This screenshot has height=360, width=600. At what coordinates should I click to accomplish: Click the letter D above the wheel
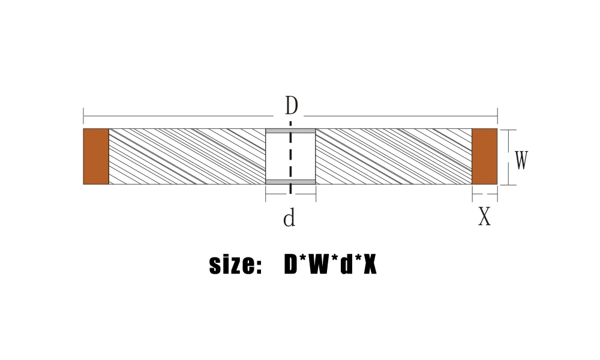click(291, 106)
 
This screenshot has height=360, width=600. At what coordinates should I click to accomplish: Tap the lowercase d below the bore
click(289, 218)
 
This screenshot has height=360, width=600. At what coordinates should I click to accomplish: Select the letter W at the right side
click(521, 161)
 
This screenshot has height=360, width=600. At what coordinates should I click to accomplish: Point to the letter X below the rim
click(484, 217)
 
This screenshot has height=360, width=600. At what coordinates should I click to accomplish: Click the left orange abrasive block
click(96, 156)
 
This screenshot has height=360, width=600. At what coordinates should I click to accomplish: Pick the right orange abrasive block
click(484, 156)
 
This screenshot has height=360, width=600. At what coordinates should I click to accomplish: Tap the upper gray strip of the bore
click(290, 131)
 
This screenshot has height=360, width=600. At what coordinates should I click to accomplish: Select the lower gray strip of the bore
click(290, 182)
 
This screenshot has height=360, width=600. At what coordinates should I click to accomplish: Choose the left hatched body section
click(187, 156)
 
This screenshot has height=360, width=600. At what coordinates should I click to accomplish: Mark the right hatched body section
click(394, 156)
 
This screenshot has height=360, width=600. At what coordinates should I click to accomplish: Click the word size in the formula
click(231, 265)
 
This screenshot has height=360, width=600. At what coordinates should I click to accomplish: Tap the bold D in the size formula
click(291, 265)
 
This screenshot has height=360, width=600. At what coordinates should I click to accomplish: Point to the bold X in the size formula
click(370, 265)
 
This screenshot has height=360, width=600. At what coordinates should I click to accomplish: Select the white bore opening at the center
click(278, 156)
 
